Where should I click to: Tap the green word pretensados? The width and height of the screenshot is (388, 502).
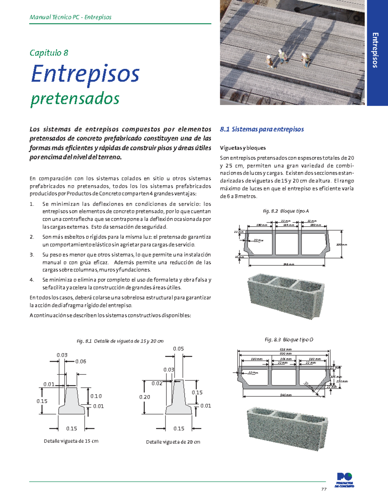[75, 99]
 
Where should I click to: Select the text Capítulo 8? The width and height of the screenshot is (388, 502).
[49, 53]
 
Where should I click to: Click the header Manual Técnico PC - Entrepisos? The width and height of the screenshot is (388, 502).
[70, 17]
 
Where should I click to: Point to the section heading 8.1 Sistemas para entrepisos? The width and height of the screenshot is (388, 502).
[262, 129]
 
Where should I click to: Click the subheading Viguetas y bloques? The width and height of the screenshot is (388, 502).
[243, 148]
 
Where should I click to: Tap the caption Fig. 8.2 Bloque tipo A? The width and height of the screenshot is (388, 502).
[286, 211]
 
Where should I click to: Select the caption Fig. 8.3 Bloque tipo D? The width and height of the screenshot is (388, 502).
[289, 340]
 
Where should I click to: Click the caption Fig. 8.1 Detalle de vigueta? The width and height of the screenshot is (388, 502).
[120, 341]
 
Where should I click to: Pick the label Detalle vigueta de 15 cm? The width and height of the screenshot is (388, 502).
[71, 441]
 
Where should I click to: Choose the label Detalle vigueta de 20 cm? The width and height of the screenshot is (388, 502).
[173, 442]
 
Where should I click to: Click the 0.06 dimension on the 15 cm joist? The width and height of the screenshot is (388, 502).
[81, 361]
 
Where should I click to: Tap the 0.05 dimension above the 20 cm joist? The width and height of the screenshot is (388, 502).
[178, 349]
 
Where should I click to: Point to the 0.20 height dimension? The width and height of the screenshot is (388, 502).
[145, 397]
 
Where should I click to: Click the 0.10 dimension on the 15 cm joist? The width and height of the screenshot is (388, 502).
[96, 396]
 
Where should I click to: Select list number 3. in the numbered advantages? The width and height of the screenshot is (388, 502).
[32, 255]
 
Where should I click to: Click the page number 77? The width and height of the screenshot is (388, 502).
[324, 489]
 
